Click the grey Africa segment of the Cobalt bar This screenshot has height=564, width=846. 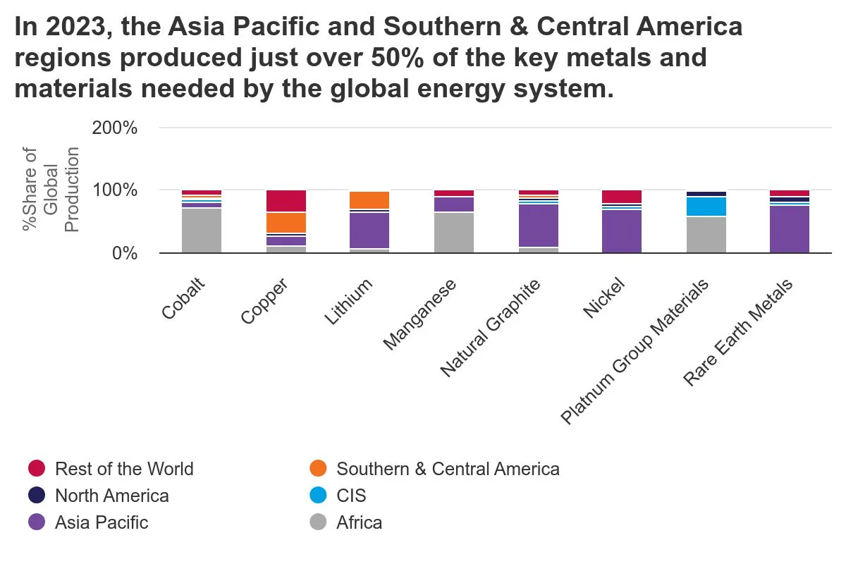(202, 230)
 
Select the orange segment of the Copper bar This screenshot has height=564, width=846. (286, 222)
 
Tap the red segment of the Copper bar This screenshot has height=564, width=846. (286, 201)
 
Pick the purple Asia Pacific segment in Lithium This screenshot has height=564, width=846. (369, 230)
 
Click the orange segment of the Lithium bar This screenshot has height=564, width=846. (369, 200)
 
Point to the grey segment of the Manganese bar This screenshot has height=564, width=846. (454, 232)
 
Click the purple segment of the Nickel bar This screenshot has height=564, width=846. (622, 231)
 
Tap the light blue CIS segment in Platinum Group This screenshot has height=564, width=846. (706, 207)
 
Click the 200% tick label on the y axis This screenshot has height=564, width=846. (115, 128)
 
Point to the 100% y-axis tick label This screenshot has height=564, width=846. (115, 190)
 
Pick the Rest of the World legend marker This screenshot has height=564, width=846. (37, 469)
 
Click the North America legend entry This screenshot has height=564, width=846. (111, 496)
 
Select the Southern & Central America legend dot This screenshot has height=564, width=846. (319, 469)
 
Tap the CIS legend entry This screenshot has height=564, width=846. (351, 496)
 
